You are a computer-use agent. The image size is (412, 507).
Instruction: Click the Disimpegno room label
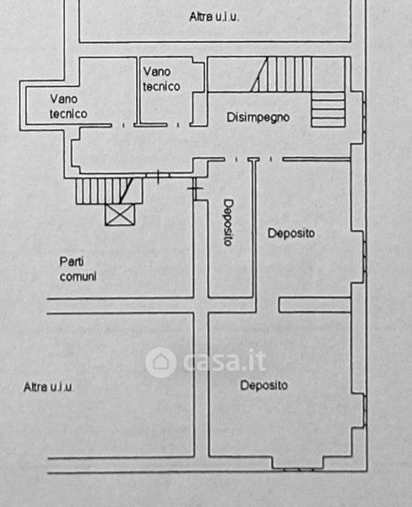click(257, 117)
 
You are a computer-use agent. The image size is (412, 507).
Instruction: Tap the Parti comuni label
click(79, 269)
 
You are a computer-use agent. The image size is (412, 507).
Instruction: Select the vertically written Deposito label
click(229, 222)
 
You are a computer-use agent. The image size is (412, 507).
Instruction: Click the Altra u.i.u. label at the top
click(214, 17)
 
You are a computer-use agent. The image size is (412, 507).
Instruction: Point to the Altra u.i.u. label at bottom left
click(48, 387)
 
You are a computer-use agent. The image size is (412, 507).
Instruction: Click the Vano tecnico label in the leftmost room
click(68, 106)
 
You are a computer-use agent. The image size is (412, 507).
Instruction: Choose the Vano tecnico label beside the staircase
click(161, 79)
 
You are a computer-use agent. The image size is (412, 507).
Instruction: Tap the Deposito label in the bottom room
click(264, 385)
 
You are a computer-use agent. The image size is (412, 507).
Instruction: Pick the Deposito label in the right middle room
click(291, 233)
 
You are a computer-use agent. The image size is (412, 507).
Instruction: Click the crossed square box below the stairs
click(120, 215)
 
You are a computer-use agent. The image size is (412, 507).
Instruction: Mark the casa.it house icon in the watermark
click(160, 363)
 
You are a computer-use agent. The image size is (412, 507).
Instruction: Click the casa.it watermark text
click(225, 361)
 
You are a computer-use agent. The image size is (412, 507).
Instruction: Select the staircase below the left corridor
click(109, 191)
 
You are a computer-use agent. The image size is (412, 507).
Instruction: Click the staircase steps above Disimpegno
click(281, 74)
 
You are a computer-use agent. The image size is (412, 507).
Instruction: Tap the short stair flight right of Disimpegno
click(328, 109)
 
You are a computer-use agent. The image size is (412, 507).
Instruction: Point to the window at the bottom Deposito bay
click(298, 469)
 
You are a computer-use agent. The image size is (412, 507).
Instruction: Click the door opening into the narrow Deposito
click(236, 159)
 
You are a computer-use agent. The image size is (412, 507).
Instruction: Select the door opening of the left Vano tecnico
click(122, 125)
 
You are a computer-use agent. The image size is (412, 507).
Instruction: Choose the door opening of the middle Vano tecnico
click(178, 125)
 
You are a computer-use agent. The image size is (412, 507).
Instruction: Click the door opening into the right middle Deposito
click(271, 159)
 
